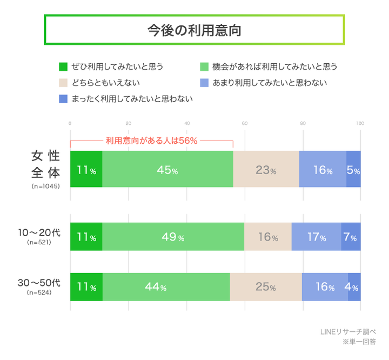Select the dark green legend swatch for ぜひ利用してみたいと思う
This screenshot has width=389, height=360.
63,67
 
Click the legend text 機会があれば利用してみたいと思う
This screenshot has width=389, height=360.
274,67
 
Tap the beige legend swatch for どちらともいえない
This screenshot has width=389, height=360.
63,83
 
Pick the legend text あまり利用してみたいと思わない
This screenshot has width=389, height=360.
270,83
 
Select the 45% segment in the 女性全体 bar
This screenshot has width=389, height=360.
167,170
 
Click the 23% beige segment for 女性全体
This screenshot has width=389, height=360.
266,170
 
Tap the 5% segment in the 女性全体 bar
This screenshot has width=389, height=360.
353,170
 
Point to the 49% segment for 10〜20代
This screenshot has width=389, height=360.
173,237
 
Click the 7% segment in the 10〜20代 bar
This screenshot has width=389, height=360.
351,237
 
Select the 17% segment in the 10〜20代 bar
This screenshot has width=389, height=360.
316,237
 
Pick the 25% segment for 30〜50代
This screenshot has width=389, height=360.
266,287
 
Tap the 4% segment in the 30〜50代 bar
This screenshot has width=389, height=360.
354,287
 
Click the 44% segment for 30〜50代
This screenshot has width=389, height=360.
166,287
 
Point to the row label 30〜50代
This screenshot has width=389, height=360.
39,283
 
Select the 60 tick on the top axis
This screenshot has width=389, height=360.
245,124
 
